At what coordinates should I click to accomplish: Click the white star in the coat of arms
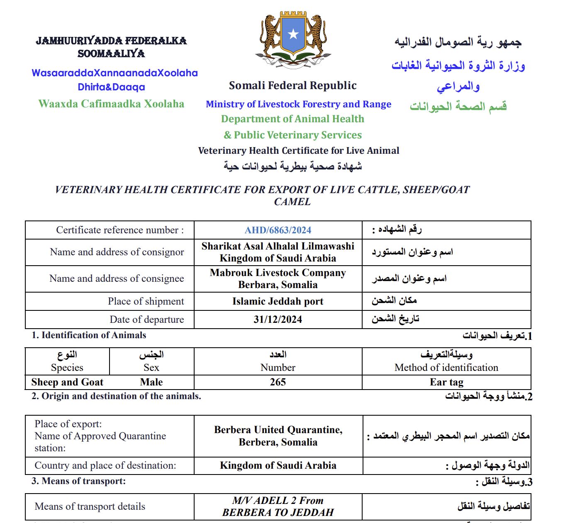pyautogui.click(x=293, y=34)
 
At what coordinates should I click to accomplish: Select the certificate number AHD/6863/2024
pyautogui.click(x=278, y=230)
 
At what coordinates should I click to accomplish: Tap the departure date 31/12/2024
pyautogui.click(x=278, y=320)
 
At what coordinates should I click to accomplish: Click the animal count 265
pyautogui.click(x=278, y=382)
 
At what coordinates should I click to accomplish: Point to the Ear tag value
pyautogui.click(x=446, y=382)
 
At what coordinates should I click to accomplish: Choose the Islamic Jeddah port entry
pyautogui.click(x=278, y=301)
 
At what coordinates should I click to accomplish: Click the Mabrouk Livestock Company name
pyautogui.click(x=278, y=273)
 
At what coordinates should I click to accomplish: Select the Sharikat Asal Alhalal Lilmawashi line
pyautogui.click(x=278, y=246)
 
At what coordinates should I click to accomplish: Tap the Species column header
pyautogui.click(x=67, y=368)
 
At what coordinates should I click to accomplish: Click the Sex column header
pyautogui.click(x=151, y=368)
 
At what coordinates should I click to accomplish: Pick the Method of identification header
pyautogui.click(x=446, y=368)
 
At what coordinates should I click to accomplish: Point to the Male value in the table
pyautogui.click(x=151, y=382)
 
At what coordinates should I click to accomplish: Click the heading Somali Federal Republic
pyautogui.click(x=292, y=86)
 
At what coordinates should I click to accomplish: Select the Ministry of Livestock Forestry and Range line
pyautogui.click(x=298, y=104)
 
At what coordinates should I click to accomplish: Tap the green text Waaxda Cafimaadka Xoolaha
pyautogui.click(x=111, y=104)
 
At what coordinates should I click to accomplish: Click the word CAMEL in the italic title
pyautogui.click(x=292, y=202)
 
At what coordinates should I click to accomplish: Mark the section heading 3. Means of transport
pyautogui.click(x=78, y=481)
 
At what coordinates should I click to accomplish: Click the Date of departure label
pyautogui.click(x=146, y=320)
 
